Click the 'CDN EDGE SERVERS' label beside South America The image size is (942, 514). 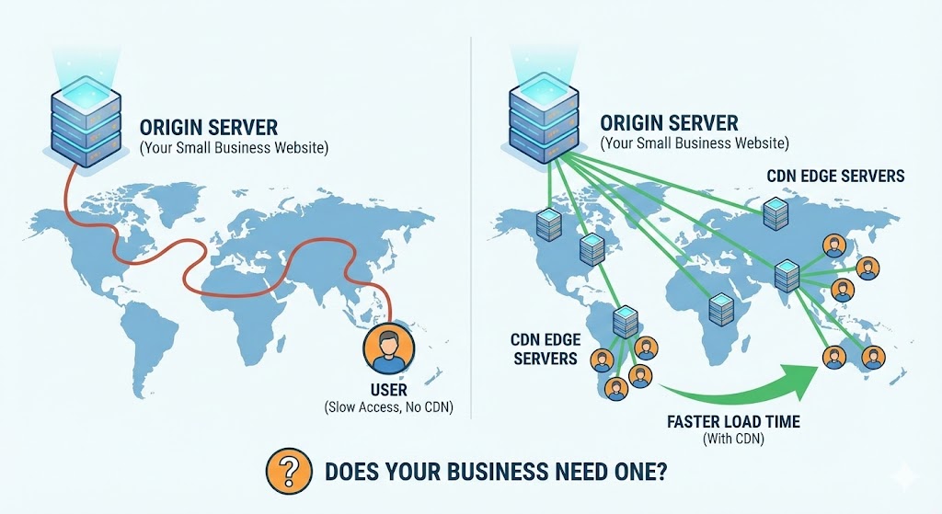tap(545, 348)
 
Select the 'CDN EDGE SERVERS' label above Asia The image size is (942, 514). tap(835, 176)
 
